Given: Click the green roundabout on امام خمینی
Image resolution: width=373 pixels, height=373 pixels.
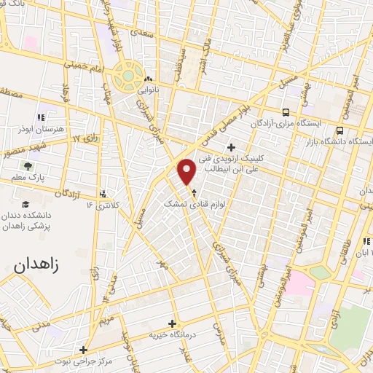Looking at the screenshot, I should [129, 74].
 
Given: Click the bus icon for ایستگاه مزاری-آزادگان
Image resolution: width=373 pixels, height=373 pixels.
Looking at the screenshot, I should [285, 112].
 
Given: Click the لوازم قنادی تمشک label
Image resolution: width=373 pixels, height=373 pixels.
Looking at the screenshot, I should [192, 207].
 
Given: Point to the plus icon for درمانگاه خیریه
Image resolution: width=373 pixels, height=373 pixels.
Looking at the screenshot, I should [172, 323].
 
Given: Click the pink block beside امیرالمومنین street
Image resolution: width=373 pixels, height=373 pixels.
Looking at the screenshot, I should [296, 283].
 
